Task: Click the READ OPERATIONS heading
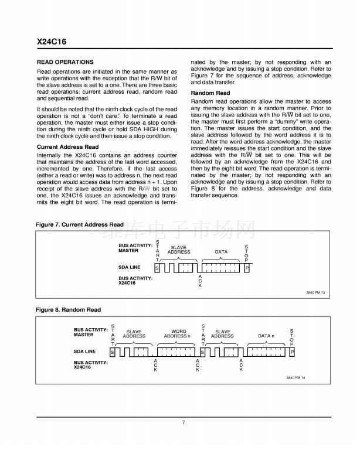pyautogui.click(x=65, y=62)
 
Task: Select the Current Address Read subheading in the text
pyautogui.click(x=67, y=147)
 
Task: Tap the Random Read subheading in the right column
pyautogui.click(x=210, y=93)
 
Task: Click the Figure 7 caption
pyautogui.click(x=80, y=224)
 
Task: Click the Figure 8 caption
pyautogui.click(x=68, y=309)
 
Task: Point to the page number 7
pyautogui.click(x=183, y=422)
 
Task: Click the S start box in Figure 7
pyautogui.click(x=157, y=267)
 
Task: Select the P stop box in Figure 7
pyautogui.click(x=247, y=267)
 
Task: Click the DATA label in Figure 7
pyautogui.click(x=221, y=252)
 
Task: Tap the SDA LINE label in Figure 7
pyautogui.click(x=130, y=267)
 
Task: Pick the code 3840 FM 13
pyautogui.click(x=315, y=292)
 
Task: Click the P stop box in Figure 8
pyautogui.click(x=291, y=352)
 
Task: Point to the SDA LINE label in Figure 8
pyautogui.click(x=85, y=352)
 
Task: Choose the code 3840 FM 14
pyautogui.click(x=296, y=377)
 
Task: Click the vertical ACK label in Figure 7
pyautogui.click(x=200, y=281)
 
